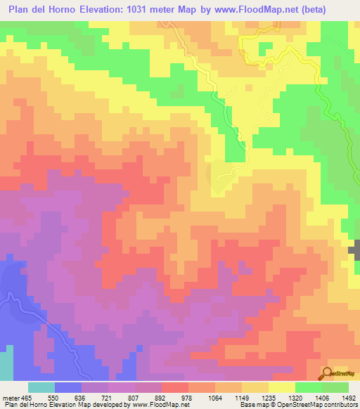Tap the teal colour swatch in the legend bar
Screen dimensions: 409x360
tap(41, 387)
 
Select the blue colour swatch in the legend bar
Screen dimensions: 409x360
tap(68, 387)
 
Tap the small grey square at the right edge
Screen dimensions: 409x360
tap(356, 249)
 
